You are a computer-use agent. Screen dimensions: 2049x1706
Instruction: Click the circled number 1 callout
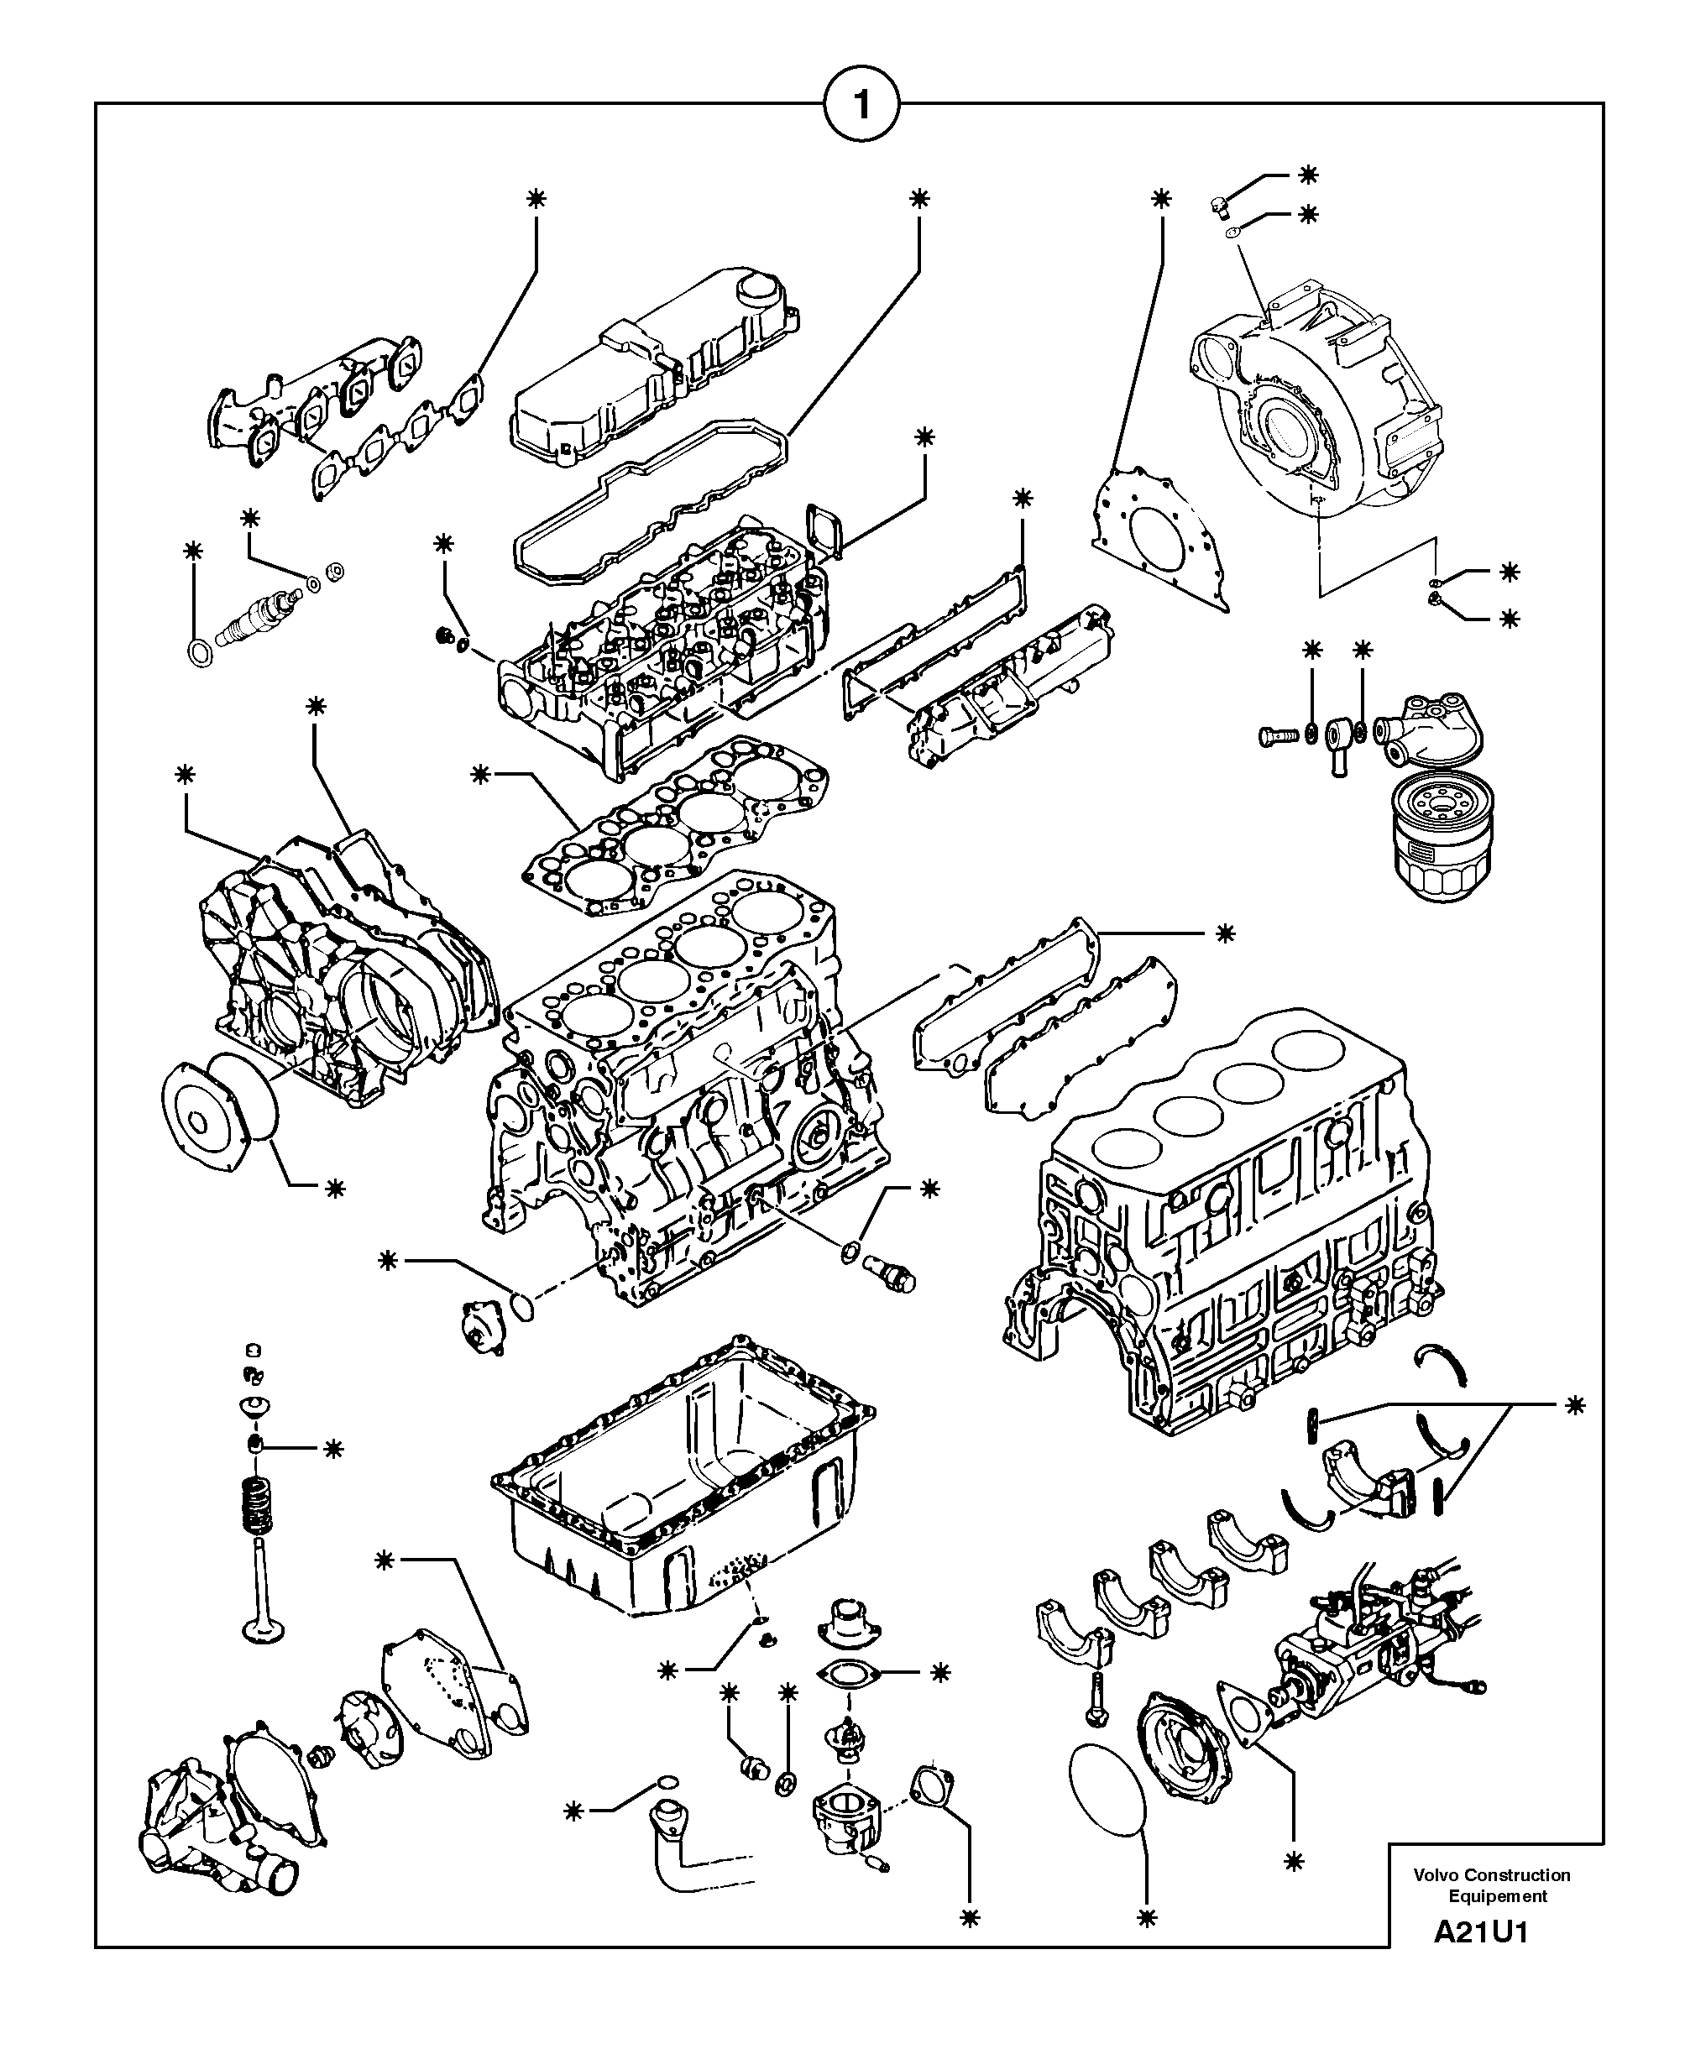(861, 103)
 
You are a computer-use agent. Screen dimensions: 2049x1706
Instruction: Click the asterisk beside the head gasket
(479, 776)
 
